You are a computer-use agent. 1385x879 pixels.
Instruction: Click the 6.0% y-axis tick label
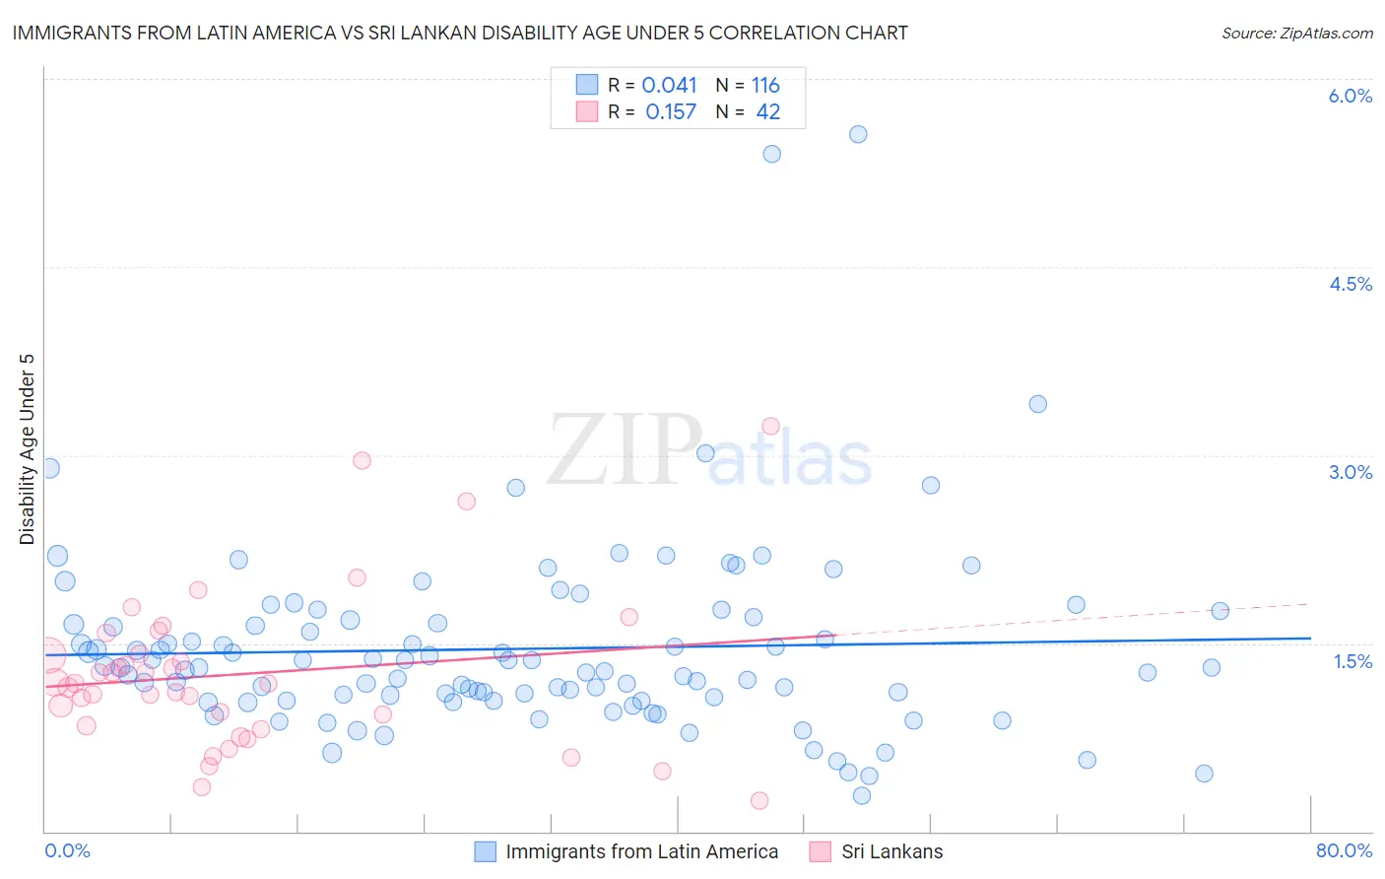pyautogui.click(x=1350, y=96)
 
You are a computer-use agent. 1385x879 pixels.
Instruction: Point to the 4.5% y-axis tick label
pyautogui.click(x=1350, y=284)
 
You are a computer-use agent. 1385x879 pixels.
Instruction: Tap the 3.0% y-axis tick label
pyautogui.click(x=1350, y=472)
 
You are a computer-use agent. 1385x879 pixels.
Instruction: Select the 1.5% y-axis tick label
pyautogui.click(x=1352, y=661)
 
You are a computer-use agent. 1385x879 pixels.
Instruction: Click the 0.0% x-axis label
pyautogui.click(x=67, y=850)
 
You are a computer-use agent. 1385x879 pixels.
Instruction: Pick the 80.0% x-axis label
pyautogui.click(x=1344, y=850)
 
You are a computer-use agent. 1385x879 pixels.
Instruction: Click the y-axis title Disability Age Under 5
pyautogui.click(x=28, y=449)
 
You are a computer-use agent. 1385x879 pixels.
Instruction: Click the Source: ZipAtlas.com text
pyautogui.click(x=1296, y=34)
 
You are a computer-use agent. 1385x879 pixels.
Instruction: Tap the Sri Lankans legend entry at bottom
pyautogui.click(x=891, y=851)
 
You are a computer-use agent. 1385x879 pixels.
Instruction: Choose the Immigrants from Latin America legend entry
pyautogui.click(x=641, y=851)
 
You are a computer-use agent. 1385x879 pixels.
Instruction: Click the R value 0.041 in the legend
pyautogui.click(x=669, y=86)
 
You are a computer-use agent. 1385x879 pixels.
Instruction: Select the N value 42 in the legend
pyautogui.click(x=767, y=112)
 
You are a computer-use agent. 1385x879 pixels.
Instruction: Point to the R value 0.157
pyautogui.click(x=671, y=112)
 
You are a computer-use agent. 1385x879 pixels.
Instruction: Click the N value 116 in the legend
pyautogui.click(x=765, y=86)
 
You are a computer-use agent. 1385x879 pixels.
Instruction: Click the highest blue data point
pyautogui.click(x=858, y=134)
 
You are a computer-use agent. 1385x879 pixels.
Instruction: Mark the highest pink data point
pyautogui.click(x=770, y=426)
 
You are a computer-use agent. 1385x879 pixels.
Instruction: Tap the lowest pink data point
pyautogui.click(x=759, y=800)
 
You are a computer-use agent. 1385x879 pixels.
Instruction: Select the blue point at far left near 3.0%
pyautogui.click(x=50, y=468)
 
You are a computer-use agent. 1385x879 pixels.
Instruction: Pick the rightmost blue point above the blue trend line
pyautogui.click(x=1220, y=611)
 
